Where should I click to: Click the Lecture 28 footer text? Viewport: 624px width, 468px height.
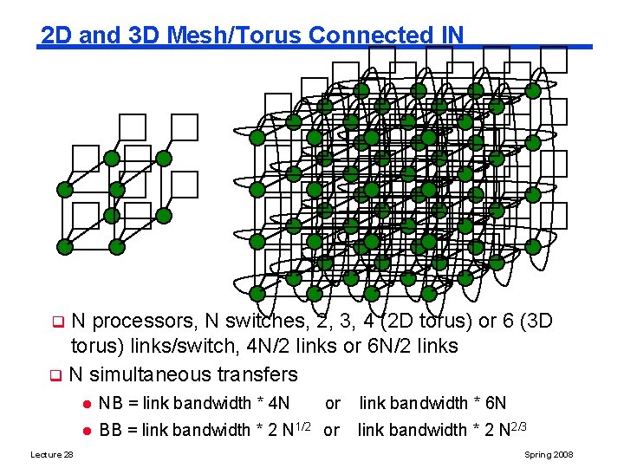52,454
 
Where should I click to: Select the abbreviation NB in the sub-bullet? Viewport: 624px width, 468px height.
110,403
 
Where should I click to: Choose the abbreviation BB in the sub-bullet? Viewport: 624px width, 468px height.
110,431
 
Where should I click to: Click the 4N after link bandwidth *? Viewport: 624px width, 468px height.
277,403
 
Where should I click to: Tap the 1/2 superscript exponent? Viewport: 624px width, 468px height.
305,426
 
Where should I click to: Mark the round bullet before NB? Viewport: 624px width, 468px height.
86,404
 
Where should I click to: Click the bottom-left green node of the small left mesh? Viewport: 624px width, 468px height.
64,246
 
